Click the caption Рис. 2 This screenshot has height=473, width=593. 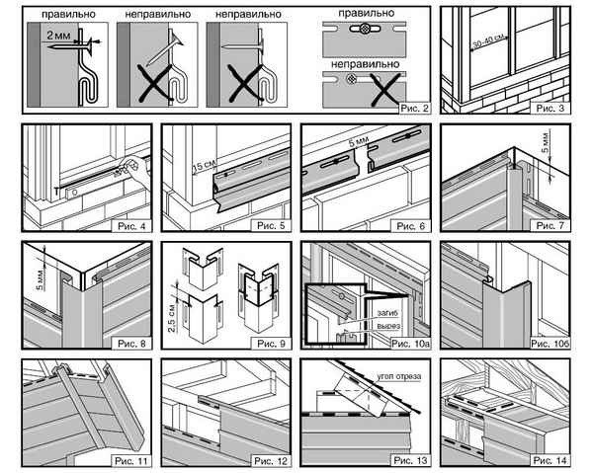[409, 108]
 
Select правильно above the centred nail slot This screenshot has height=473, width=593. [359, 15]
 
